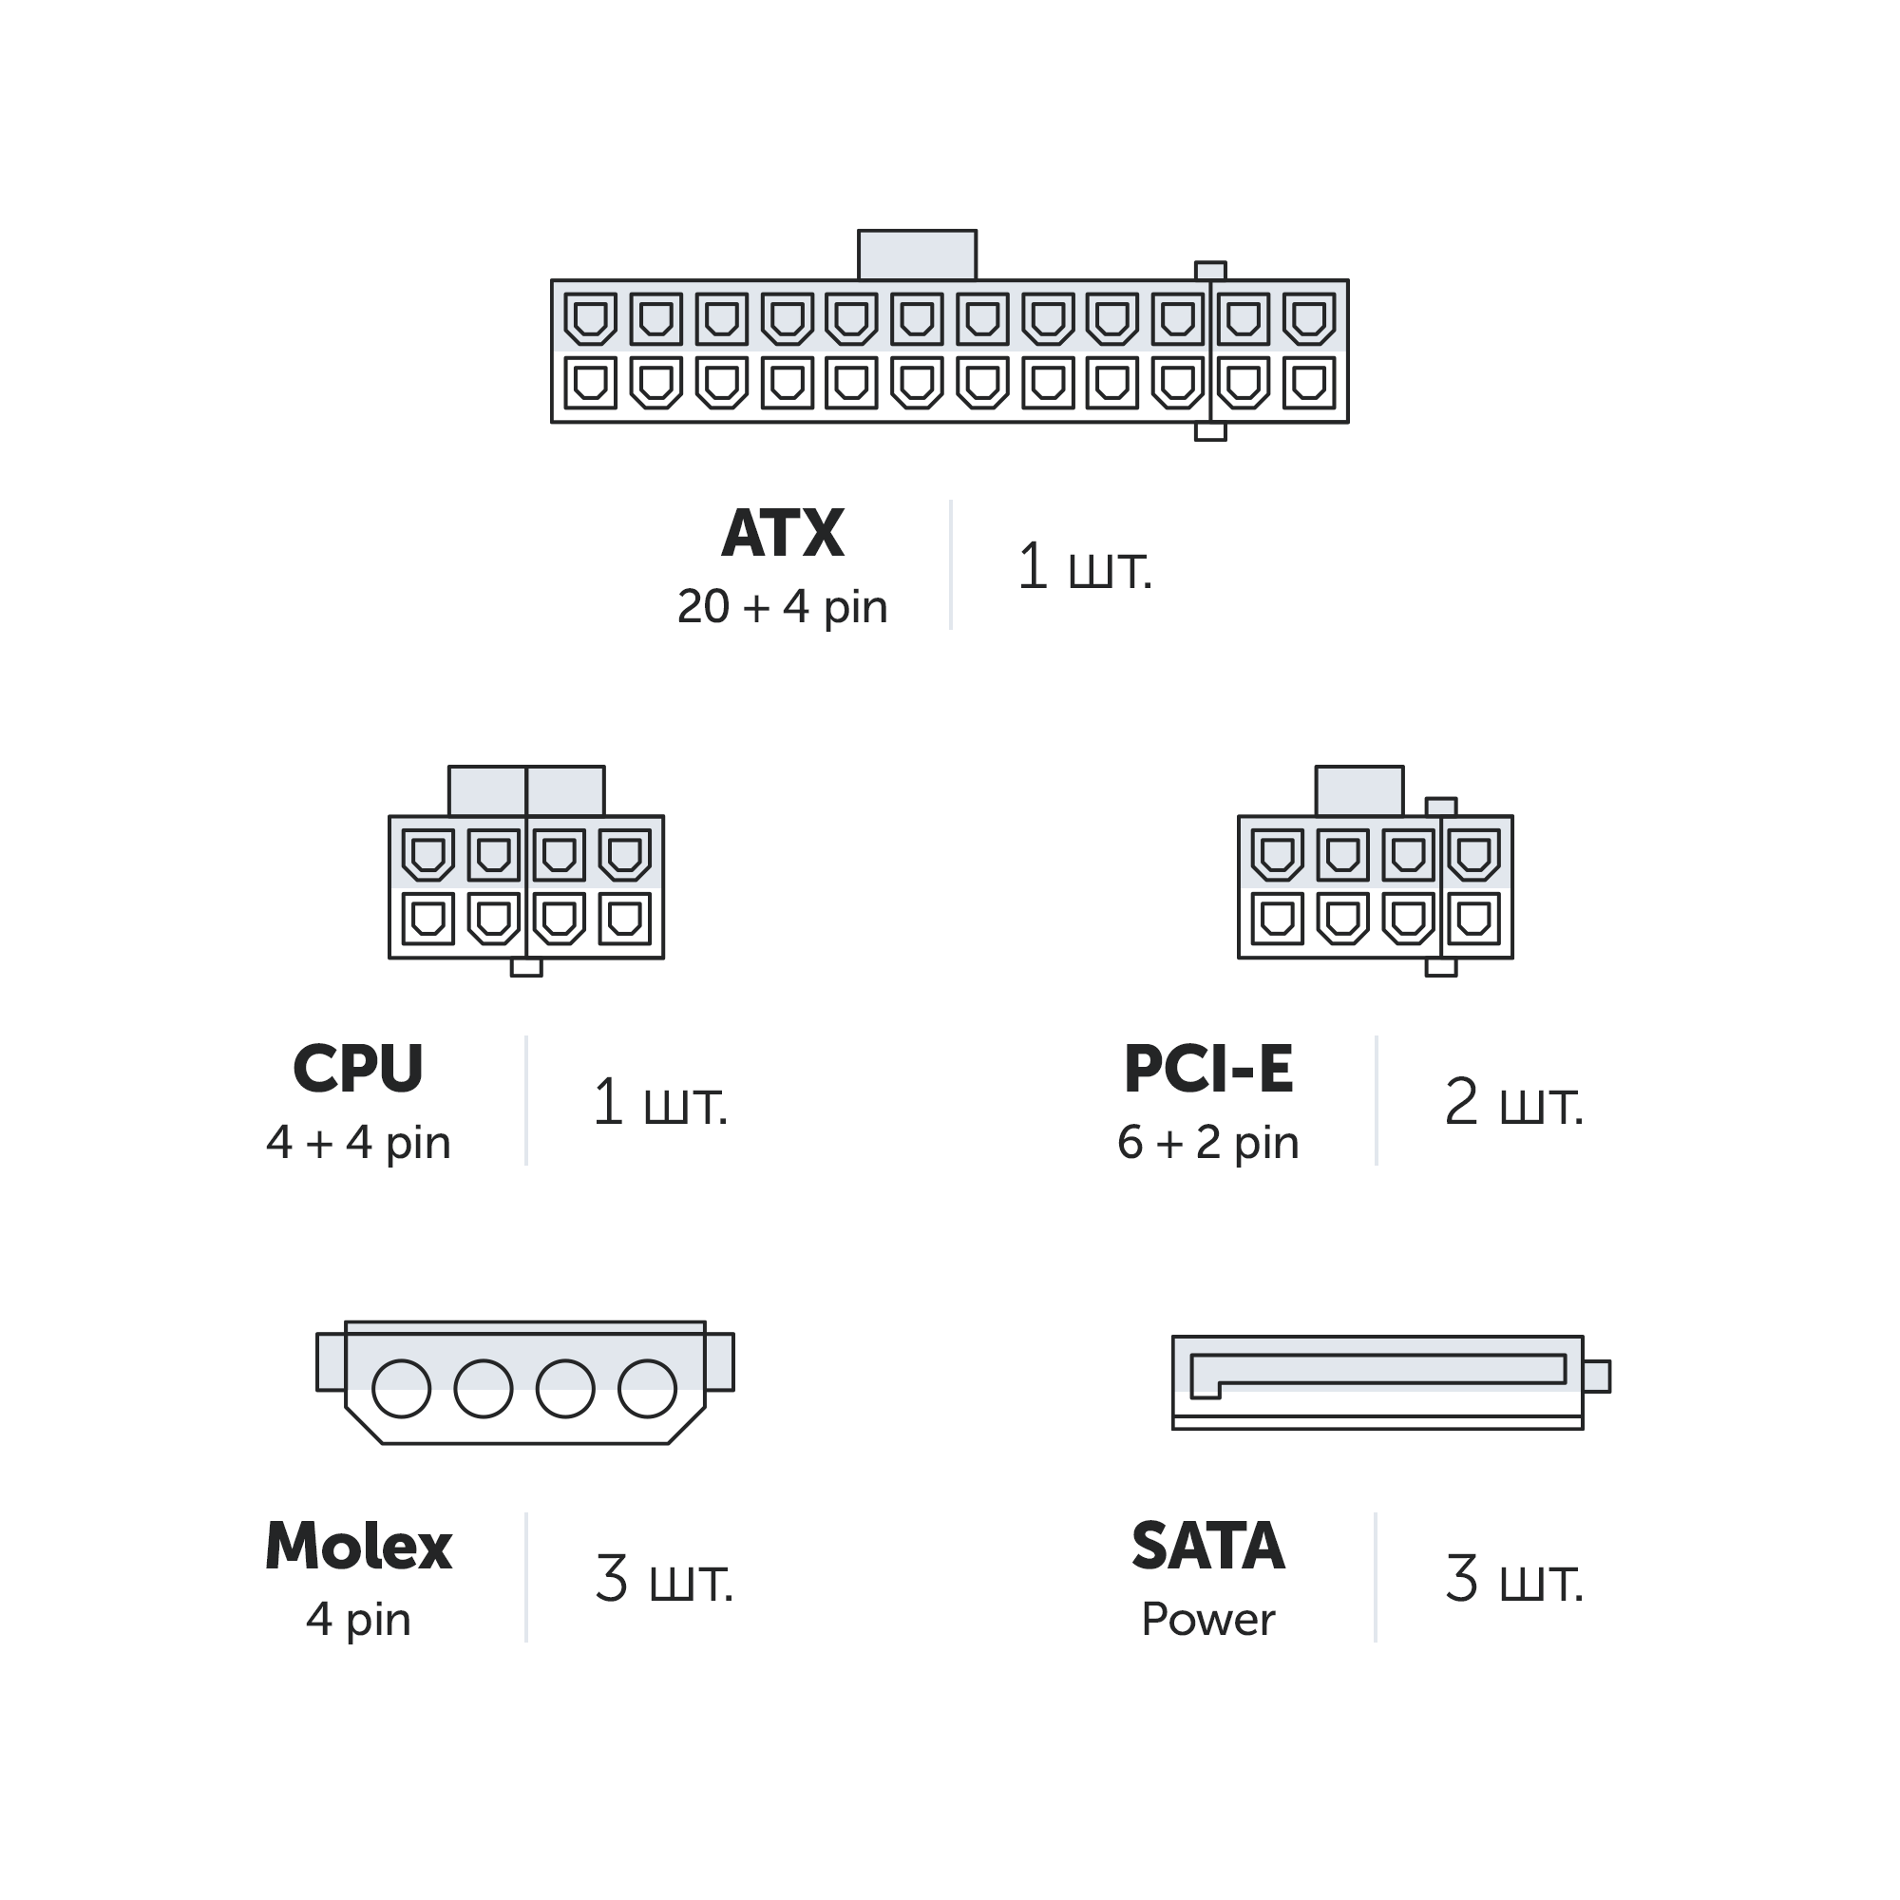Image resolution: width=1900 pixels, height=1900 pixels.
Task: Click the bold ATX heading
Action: click(782, 534)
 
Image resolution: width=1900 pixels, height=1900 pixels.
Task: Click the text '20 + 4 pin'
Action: click(782, 607)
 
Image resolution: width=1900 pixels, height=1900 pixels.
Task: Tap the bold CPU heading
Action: click(358, 1069)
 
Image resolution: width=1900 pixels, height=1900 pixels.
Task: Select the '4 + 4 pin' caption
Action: click(358, 1143)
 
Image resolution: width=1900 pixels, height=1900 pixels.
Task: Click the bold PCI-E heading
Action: click(1207, 1069)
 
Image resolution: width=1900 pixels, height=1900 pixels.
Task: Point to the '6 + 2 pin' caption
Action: click(1207, 1143)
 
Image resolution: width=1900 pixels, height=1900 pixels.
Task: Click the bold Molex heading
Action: click(358, 1547)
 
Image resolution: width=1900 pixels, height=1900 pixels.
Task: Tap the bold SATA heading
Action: click(1207, 1547)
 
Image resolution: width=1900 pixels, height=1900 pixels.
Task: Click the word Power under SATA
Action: click(1207, 1620)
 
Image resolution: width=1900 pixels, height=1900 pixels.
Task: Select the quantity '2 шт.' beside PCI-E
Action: click(1513, 1102)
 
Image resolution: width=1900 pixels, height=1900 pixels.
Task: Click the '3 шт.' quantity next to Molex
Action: click(664, 1581)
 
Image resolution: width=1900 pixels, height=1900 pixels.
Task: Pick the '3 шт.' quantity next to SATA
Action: click(1513, 1581)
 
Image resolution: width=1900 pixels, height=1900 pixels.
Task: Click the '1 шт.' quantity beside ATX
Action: click(1084, 567)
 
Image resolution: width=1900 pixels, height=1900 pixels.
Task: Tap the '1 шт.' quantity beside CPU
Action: click(660, 1102)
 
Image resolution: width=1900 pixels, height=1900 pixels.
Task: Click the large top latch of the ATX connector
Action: click(917, 256)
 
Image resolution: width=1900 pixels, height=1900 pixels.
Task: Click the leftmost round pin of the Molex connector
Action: click(401, 1389)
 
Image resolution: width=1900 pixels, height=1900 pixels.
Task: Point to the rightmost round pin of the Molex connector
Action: click(647, 1389)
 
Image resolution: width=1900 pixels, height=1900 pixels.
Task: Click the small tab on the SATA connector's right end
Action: click(1596, 1377)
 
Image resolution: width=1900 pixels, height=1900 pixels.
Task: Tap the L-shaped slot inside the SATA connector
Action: click(1377, 1370)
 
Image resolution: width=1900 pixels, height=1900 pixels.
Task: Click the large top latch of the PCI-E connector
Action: click(1359, 791)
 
